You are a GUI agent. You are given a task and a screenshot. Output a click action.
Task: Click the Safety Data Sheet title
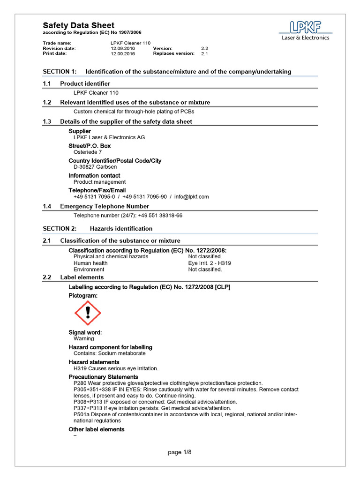click(x=78, y=25)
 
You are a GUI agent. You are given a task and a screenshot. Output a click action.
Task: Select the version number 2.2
click(x=204, y=48)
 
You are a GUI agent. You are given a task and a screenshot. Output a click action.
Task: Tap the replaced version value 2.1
click(x=204, y=54)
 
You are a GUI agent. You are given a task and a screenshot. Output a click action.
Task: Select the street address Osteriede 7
click(x=88, y=152)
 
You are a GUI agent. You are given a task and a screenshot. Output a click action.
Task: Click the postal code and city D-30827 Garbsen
click(x=95, y=167)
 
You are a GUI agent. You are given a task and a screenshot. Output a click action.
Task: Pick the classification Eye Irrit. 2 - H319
click(x=210, y=263)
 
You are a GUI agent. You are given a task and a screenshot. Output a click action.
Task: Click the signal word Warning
click(x=83, y=338)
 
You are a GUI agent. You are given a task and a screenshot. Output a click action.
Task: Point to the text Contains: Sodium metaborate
click(x=109, y=353)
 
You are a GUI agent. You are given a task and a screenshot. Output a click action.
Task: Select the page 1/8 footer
click(x=180, y=452)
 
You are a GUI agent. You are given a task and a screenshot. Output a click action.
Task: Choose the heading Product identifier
click(x=85, y=83)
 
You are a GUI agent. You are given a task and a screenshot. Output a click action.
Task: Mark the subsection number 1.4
click(x=46, y=206)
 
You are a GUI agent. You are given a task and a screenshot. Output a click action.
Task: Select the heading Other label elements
click(x=97, y=429)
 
